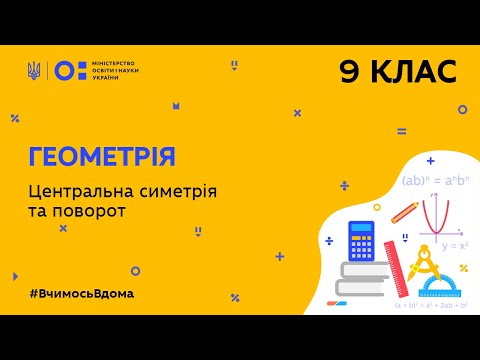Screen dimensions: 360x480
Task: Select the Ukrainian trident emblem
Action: pos(35,70)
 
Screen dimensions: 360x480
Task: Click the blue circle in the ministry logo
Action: pos(62,70)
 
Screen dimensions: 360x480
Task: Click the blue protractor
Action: pos(442,287)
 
